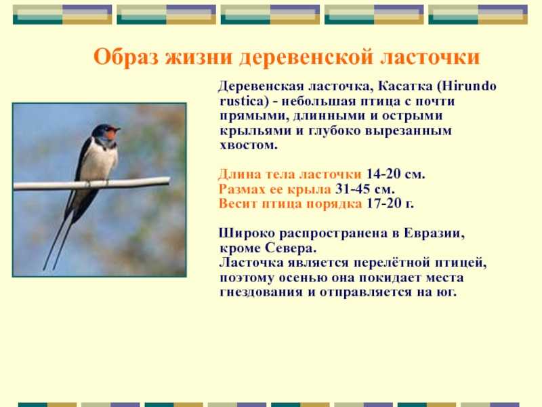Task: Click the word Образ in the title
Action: point(126,57)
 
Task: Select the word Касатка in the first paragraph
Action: point(404,86)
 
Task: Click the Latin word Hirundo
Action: point(467,86)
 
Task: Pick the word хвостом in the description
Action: point(249,144)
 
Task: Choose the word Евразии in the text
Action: point(434,233)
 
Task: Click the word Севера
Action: point(291,248)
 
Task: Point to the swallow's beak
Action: point(118,130)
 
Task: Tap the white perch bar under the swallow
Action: point(91,184)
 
